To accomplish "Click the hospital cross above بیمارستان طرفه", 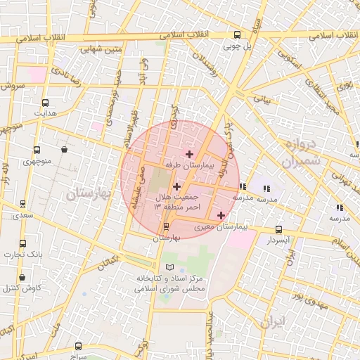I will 188,153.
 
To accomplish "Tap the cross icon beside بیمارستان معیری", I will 221,215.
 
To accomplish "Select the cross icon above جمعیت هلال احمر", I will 176,187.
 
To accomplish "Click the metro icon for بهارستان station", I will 166,226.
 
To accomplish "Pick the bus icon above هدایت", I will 46,103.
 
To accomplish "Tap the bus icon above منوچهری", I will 37,150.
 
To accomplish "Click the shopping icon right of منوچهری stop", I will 65,149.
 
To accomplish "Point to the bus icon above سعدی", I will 23,204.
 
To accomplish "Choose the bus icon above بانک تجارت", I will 23,243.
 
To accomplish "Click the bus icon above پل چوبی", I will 237,34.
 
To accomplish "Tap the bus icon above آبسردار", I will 279,229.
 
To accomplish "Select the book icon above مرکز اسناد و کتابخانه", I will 169,267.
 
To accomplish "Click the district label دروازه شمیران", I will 302,152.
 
